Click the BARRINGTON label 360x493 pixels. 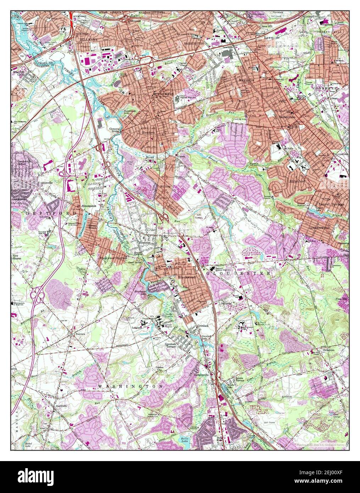coord(194,43)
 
